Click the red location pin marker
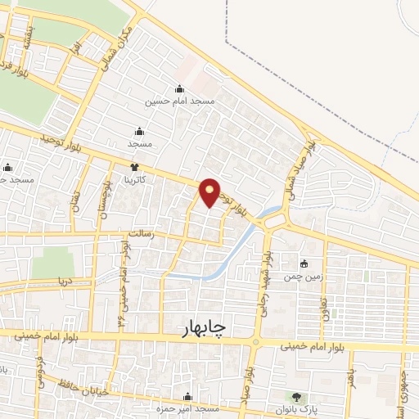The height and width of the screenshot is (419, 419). pyautogui.click(x=209, y=191)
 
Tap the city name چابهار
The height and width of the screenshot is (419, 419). pyautogui.click(x=204, y=328)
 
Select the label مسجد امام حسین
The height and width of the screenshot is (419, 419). pyautogui.click(x=179, y=101)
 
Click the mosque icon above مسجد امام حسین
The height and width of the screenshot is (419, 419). pyautogui.click(x=179, y=89)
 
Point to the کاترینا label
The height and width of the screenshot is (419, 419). pyautogui.click(x=135, y=178)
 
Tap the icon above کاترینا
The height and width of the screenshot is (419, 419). pyautogui.click(x=135, y=167)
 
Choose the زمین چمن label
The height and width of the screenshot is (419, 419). pyautogui.click(x=304, y=277)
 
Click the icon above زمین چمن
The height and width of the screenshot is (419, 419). pyautogui.click(x=304, y=264)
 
